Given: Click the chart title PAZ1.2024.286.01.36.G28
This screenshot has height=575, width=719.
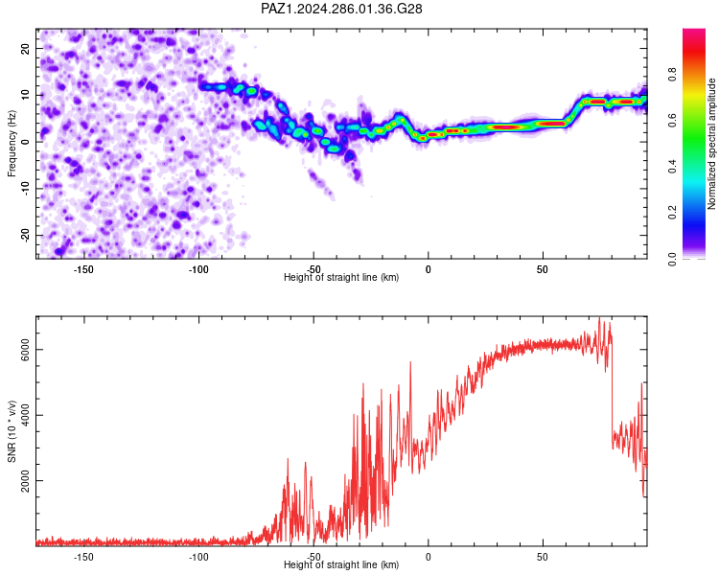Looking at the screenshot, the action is (x=341, y=9).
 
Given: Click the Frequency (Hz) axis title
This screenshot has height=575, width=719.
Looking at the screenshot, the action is (x=12, y=143).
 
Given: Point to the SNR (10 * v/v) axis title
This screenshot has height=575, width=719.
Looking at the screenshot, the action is (x=12, y=431).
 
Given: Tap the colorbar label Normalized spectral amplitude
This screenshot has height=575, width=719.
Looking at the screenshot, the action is (x=711, y=144).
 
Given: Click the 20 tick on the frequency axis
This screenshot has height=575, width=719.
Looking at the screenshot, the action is (x=26, y=48).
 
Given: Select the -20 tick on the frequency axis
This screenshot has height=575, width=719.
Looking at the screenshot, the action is (x=26, y=235).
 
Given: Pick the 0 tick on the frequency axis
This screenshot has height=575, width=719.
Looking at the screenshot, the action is (x=26, y=142).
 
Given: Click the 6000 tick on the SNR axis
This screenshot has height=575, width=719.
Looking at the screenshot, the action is (x=26, y=350).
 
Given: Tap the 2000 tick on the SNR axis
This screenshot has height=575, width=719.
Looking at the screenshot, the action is (x=26, y=480).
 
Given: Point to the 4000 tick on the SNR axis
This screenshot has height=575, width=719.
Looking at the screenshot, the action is (x=26, y=415).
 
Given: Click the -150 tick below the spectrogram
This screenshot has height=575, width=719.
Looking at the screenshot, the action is (x=83, y=269).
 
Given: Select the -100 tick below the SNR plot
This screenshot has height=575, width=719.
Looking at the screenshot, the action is (x=198, y=557).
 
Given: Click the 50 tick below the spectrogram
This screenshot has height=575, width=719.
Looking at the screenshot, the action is (x=543, y=269).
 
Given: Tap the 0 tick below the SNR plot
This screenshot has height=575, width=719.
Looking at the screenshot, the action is (x=428, y=557).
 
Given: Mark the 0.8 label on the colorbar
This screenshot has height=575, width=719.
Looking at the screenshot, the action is (x=672, y=74).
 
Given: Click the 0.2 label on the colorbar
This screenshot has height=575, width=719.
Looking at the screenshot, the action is (x=672, y=213).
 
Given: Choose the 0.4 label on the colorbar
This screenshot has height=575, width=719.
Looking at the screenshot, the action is (x=672, y=166).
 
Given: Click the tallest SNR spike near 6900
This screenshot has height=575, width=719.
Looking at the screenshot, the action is (x=599, y=318).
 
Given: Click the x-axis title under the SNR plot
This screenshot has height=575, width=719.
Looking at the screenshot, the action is (x=341, y=564).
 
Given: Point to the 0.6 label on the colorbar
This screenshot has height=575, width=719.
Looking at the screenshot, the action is (x=672, y=120).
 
